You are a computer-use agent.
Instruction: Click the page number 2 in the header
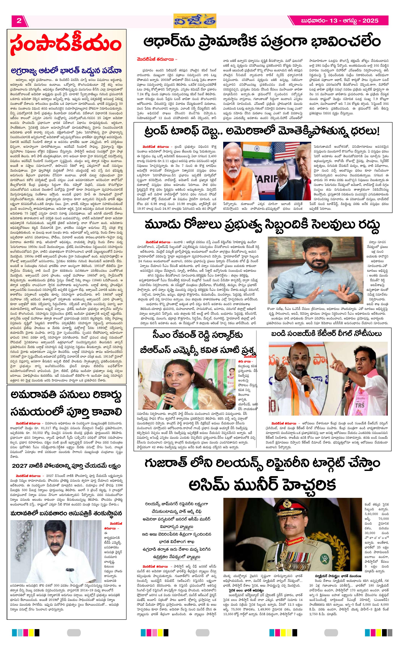[19, 21]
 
